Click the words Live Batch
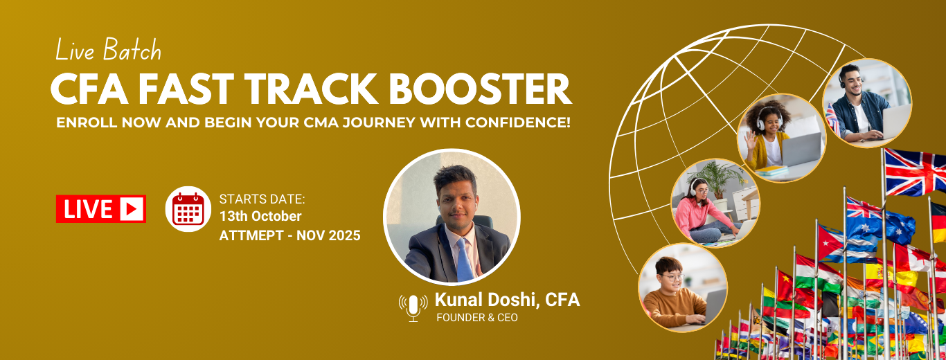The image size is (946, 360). [x=108, y=51]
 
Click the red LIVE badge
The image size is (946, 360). [x=101, y=209]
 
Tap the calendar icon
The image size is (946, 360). [x=188, y=209]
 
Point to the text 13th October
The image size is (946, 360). [x=260, y=217]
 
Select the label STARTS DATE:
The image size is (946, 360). [x=262, y=199]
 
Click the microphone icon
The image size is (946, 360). [x=413, y=307]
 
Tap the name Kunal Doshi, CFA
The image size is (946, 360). [x=507, y=300]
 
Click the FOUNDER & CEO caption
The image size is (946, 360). [x=476, y=318]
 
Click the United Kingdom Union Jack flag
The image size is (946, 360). [x=914, y=172]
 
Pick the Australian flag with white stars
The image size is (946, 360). [x=880, y=220]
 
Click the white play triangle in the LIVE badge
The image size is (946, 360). [x=132, y=209]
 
